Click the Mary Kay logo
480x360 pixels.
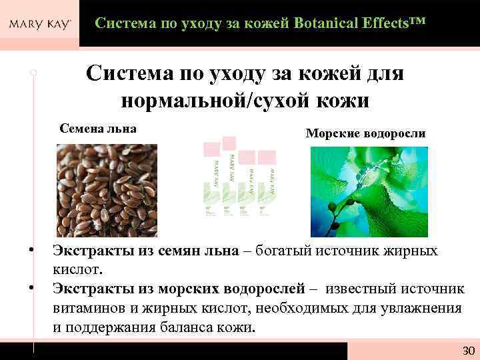pyautogui.click(x=40, y=25)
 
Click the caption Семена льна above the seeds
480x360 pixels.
pyautogui.click(x=98, y=128)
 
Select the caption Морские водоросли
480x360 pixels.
pyautogui.click(x=365, y=133)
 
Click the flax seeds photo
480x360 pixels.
pyautogui.click(x=107, y=190)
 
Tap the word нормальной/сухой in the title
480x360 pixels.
pyautogui.click(x=201, y=101)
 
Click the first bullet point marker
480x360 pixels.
pyautogui.click(x=32, y=250)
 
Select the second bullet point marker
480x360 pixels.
pyautogui.click(x=32, y=288)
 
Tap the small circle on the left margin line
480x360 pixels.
pyautogui.click(x=33, y=71)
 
